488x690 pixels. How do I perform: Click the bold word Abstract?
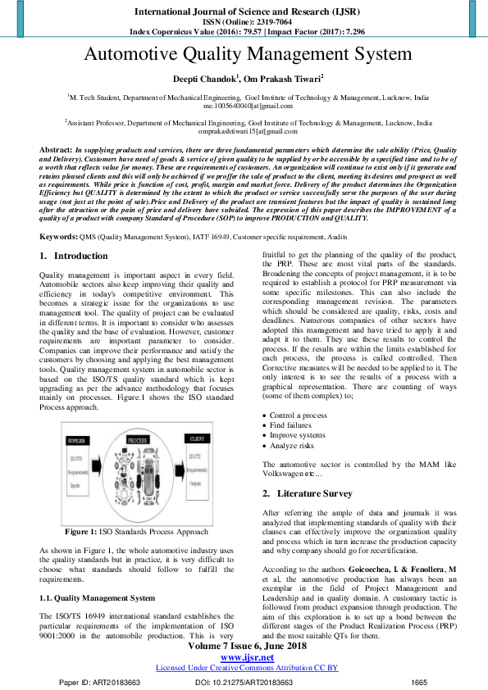(56, 151)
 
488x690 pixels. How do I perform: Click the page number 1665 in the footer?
(419, 682)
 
